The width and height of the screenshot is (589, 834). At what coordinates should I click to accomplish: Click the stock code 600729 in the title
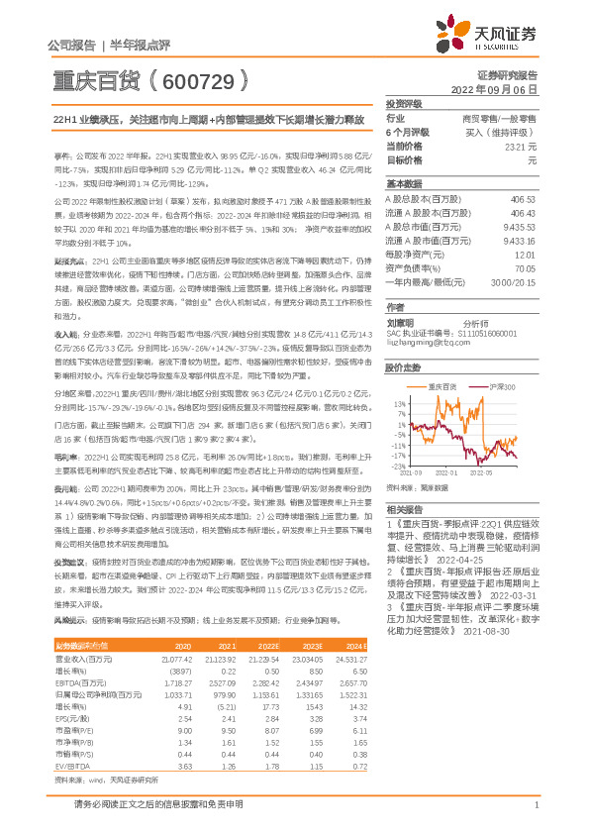pos(199,77)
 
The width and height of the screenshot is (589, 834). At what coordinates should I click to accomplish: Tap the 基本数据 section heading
pos(403,184)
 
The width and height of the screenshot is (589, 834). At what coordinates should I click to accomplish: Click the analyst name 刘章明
pos(399,295)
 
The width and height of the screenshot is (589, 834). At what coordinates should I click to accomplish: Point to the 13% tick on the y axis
pos(398,376)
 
